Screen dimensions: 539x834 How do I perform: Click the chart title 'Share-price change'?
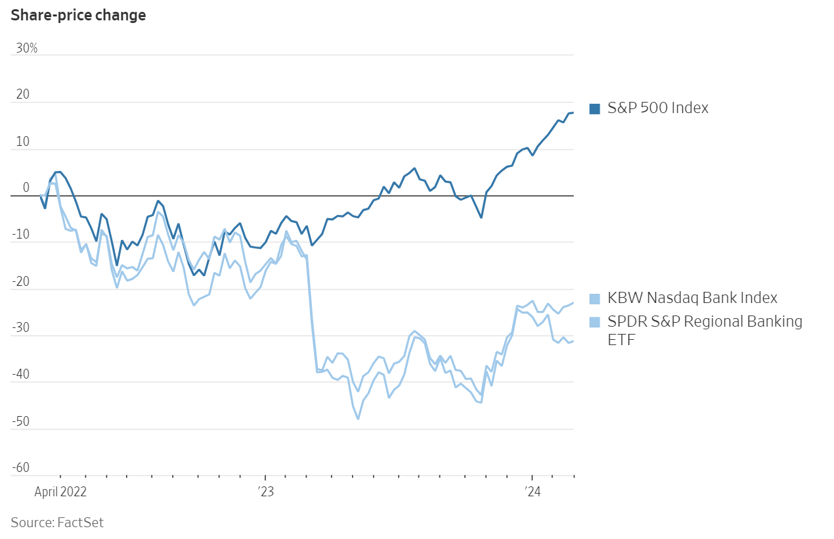[x=78, y=15]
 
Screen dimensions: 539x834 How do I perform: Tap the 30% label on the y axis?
[x=27, y=49]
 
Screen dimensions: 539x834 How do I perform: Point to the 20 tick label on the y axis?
[x=24, y=95]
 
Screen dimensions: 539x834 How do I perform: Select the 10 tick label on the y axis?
[x=23, y=142]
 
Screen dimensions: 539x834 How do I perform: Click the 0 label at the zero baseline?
[x=26, y=188]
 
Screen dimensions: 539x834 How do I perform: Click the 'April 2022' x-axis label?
[x=60, y=491]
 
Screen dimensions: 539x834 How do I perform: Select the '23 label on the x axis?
[x=265, y=491]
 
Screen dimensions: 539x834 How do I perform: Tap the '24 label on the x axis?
[x=532, y=491]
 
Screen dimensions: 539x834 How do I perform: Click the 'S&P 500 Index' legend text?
[x=658, y=108]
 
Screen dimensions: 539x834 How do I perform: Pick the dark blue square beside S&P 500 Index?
[x=595, y=109]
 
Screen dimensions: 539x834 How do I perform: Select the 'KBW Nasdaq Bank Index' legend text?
[x=692, y=298]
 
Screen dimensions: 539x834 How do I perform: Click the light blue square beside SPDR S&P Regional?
[x=595, y=322]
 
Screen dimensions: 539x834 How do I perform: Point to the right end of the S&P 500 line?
[x=573, y=112]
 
